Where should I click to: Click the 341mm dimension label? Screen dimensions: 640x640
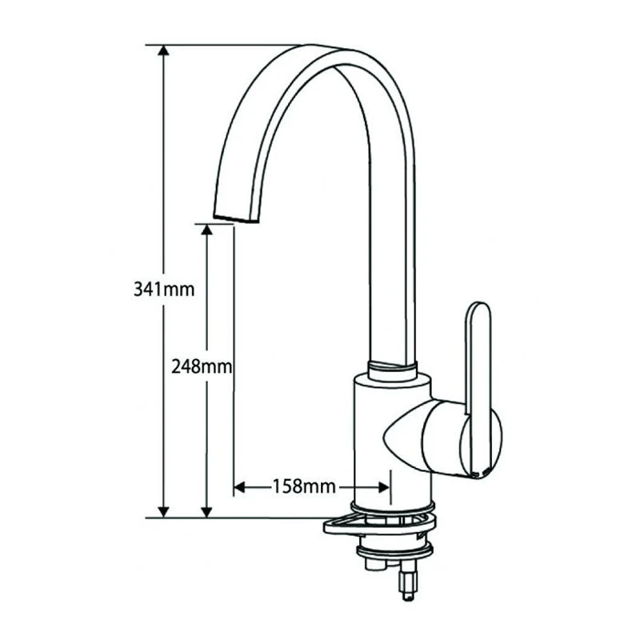(x=164, y=289)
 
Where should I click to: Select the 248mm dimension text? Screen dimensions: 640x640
(x=202, y=366)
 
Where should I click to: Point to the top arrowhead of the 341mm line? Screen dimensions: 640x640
(x=164, y=51)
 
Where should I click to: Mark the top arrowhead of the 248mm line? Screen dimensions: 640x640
(x=207, y=230)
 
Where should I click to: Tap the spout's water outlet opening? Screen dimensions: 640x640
(x=238, y=218)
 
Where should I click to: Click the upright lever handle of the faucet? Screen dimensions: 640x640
(x=478, y=376)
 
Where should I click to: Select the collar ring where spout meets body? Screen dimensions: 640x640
(x=392, y=370)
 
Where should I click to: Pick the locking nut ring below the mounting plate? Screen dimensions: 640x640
(x=394, y=550)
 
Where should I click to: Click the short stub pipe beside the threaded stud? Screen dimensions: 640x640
(x=373, y=564)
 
